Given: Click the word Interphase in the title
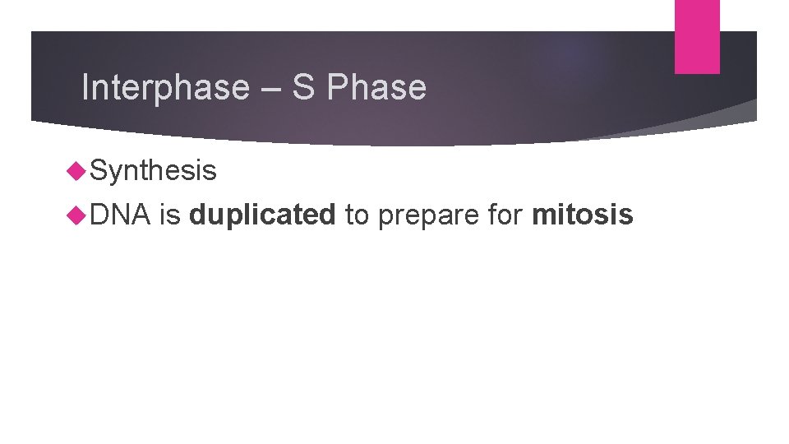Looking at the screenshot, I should point(165,88).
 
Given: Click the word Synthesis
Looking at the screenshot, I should point(154,171).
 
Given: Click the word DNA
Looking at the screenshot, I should point(120,215).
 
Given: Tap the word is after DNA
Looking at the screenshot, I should point(170,215).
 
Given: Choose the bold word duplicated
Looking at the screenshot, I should point(262,215).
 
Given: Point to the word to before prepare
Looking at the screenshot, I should point(357,215).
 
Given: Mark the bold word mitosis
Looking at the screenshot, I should point(583,215).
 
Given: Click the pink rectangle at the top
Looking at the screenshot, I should point(697,36).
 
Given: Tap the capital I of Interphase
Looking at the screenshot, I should point(85,88).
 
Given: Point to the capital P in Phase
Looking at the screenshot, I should point(335,88).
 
